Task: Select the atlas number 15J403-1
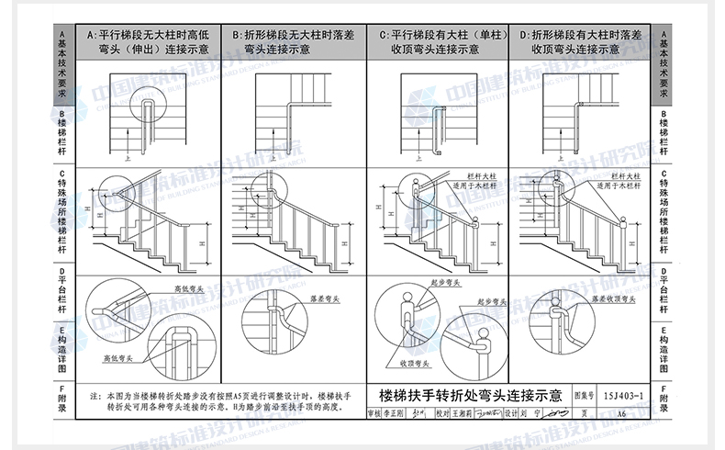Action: pos(624,396)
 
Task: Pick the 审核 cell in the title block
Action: pos(373,414)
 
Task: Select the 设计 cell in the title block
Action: pos(512,414)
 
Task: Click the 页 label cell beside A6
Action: pos(584,414)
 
